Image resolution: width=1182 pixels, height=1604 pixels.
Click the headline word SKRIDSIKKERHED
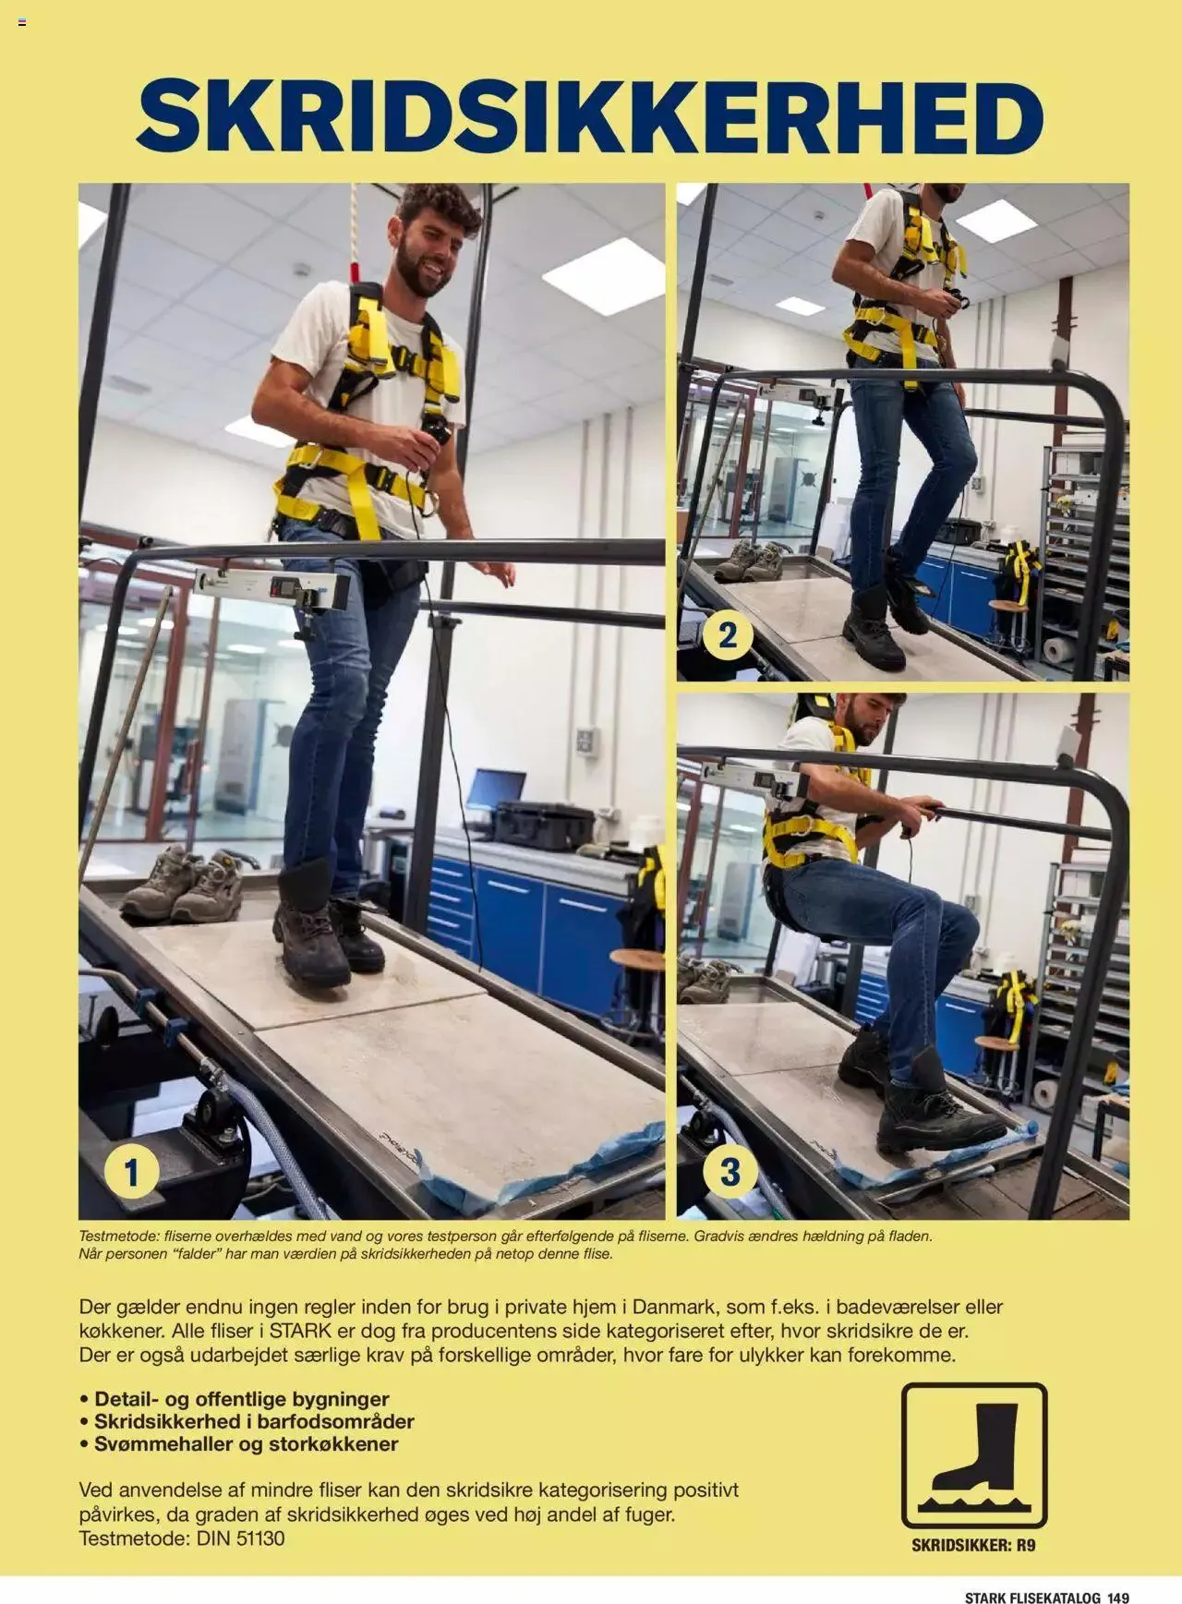[x=590, y=117]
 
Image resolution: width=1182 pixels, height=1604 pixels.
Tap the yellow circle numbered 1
[x=131, y=1172]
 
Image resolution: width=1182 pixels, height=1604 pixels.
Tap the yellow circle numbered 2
[x=728, y=635]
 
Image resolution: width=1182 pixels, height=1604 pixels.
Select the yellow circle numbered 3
[x=730, y=1172]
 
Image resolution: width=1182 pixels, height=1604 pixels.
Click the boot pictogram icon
[x=974, y=1454]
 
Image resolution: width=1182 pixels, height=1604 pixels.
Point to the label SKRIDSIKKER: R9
[x=973, y=1545]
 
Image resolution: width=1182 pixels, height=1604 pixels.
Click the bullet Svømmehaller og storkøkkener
[x=246, y=1444]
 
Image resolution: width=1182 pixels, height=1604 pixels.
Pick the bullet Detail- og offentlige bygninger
[x=241, y=1399]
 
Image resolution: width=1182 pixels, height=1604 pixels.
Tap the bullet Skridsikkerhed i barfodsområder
[x=254, y=1421]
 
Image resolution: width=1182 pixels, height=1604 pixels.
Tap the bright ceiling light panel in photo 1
[x=603, y=275]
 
